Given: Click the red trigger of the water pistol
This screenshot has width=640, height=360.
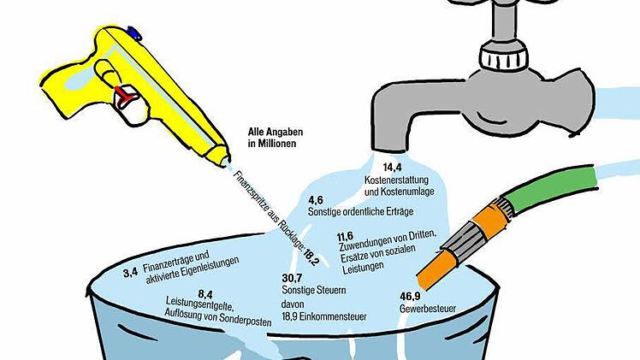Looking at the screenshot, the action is tap(124, 97).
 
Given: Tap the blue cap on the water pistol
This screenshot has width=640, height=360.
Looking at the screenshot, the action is tap(134, 33).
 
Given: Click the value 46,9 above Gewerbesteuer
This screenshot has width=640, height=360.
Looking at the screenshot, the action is tap(410, 296).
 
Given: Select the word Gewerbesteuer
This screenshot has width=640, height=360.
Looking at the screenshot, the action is tap(427, 309).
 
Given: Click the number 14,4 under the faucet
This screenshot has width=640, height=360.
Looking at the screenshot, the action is tap(392, 167).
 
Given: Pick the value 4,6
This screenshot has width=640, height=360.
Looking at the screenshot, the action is tap(316, 200).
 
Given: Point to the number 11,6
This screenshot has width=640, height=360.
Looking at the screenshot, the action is tap(345, 237).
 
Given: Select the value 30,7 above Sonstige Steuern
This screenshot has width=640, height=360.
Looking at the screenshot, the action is tap(292, 278).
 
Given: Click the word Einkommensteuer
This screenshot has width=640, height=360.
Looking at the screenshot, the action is tap(333, 316).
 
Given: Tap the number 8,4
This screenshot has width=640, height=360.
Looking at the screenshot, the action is tap(205, 294).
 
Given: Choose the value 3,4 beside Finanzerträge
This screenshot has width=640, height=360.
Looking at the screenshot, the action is tap(131, 272).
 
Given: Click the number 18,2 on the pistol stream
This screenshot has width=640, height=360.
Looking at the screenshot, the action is tap(311, 257).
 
